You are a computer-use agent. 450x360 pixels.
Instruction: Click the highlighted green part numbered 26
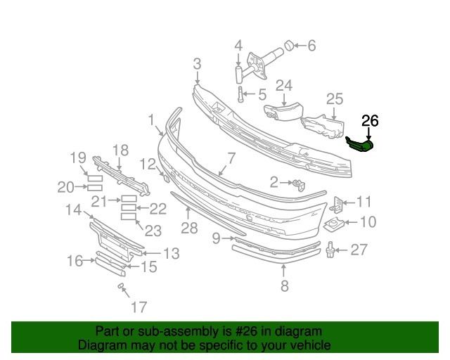point(361,144)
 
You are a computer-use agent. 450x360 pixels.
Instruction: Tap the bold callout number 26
point(370,121)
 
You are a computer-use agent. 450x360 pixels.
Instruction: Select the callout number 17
point(139,307)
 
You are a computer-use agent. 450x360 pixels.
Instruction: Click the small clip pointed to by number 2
point(298,185)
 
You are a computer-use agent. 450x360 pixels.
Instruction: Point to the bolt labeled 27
point(330,250)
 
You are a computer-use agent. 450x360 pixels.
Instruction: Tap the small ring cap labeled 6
point(289,46)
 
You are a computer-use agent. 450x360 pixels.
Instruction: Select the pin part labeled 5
point(240,94)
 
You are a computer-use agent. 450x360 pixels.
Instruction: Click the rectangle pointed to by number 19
point(95,179)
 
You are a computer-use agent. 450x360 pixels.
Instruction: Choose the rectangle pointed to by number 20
point(95,188)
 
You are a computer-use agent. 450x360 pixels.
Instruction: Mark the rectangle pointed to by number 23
point(128,217)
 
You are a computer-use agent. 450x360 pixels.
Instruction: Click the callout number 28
point(189,228)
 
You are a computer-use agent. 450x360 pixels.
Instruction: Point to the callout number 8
point(284,285)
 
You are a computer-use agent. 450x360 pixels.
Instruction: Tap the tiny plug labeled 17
point(121,285)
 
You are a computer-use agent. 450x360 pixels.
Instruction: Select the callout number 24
point(284,86)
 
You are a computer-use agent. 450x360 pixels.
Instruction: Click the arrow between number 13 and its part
point(151,253)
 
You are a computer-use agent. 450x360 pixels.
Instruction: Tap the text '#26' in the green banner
point(245,332)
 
